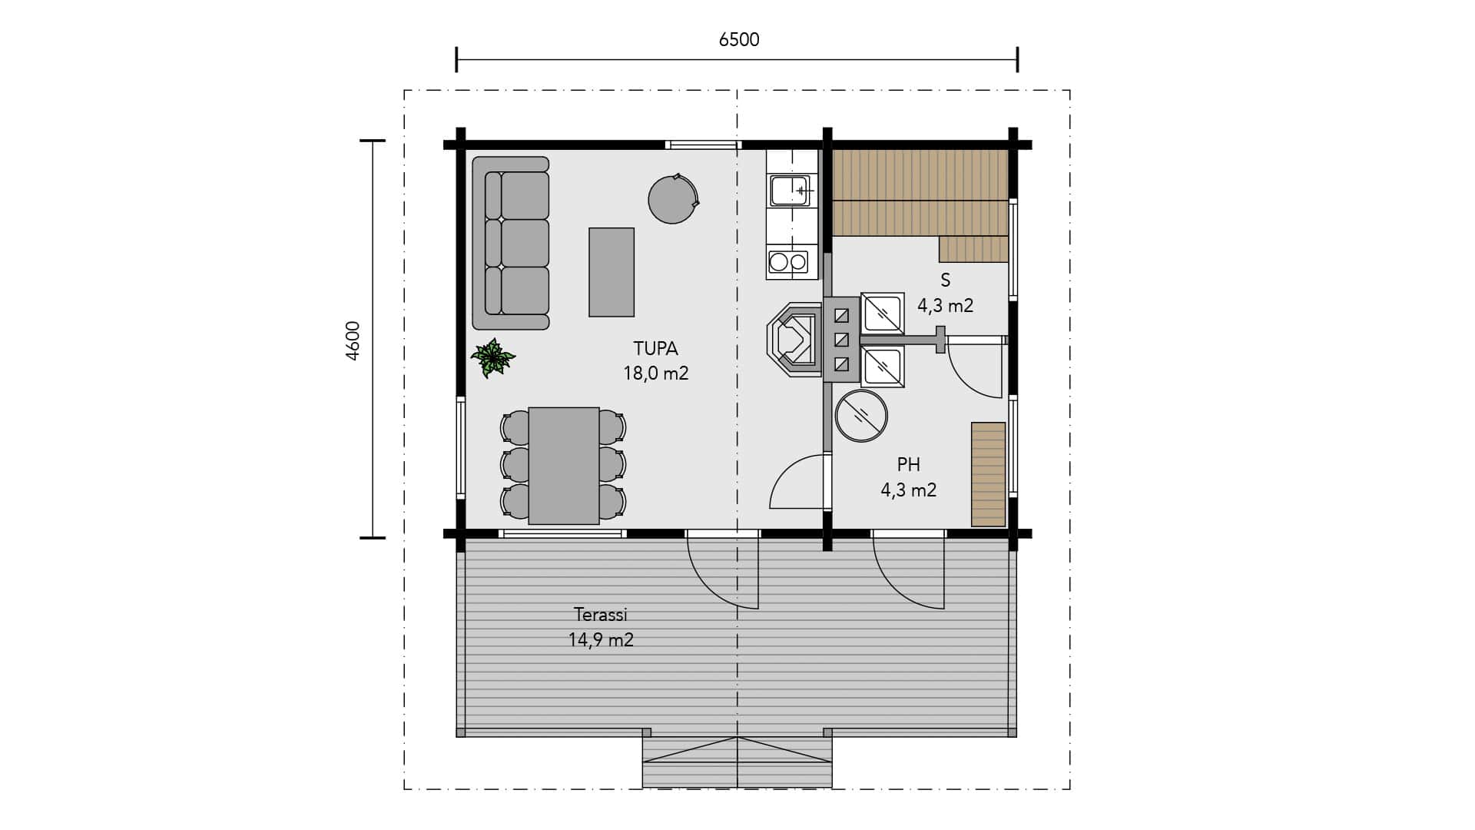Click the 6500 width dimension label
click(x=739, y=40)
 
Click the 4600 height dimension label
click(x=353, y=340)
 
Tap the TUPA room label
click(x=655, y=349)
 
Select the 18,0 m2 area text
click(x=655, y=373)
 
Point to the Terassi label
click(x=601, y=615)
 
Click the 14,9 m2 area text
click(x=601, y=639)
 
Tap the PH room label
click(x=909, y=465)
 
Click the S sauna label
click(x=946, y=281)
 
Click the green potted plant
click(x=492, y=358)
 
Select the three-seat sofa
click(x=511, y=243)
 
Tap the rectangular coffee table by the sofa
click(x=612, y=272)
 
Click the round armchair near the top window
click(x=673, y=199)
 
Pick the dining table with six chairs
click(x=563, y=466)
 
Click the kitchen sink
click(x=791, y=190)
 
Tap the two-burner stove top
click(x=788, y=261)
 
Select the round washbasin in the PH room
click(x=861, y=416)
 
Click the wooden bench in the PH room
click(x=989, y=474)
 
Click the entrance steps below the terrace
click(x=737, y=762)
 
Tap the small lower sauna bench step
click(x=973, y=249)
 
